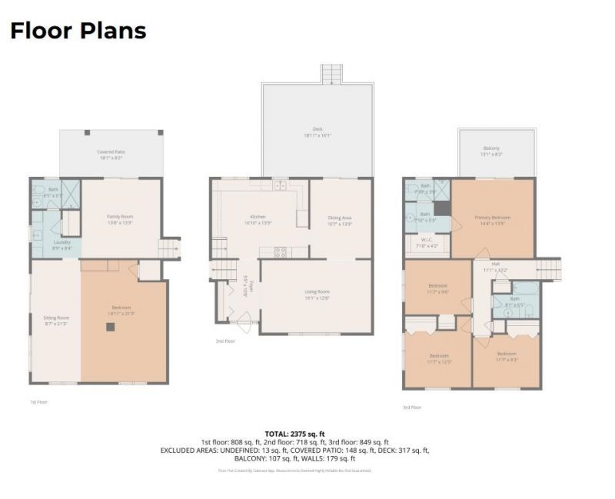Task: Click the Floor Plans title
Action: (x=78, y=31)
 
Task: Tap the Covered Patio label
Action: (x=111, y=152)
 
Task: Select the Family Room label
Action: (x=120, y=217)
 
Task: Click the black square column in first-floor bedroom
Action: (x=111, y=327)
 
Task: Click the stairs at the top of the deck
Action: (x=331, y=74)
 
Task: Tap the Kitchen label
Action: (x=257, y=218)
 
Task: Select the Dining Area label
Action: (x=339, y=218)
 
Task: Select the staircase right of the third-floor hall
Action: (x=548, y=269)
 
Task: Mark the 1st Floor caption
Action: (x=38, y=401)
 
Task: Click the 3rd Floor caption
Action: (x=412, y=407)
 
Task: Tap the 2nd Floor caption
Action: (x=224, y=341)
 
